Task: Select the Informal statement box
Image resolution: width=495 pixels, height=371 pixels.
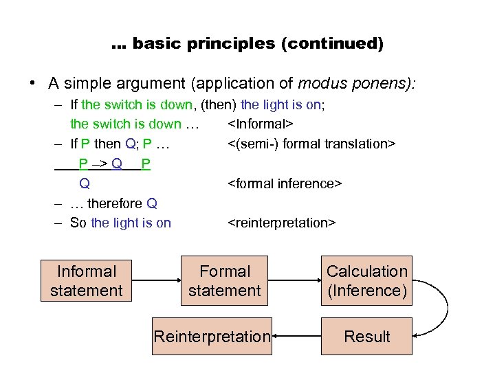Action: click(x=87, y=281)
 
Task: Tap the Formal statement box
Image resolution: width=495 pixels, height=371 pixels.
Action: click(x=225, y=281)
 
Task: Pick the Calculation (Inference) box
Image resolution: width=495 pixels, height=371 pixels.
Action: click(x=367, y=281)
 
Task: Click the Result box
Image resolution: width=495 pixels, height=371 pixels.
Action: click(x=367, y=337)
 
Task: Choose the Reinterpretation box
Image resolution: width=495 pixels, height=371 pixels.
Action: click(x=212, y=337)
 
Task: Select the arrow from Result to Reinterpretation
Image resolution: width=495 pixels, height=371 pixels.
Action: click(x=297, y=337)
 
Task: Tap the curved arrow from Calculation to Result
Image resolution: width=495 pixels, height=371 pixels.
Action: click(x=440, y=309)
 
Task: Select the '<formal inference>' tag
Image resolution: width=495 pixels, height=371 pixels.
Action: click(x=285, y=183)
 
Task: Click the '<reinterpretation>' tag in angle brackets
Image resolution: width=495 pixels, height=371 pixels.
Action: click(x=281, y=223)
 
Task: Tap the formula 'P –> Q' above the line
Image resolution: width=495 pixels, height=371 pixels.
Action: click(x=100, y=164)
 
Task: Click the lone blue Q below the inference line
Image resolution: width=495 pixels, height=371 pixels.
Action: click(x=85, y=183)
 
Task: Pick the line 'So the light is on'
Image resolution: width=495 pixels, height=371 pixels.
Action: click(x=120, y=223)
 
